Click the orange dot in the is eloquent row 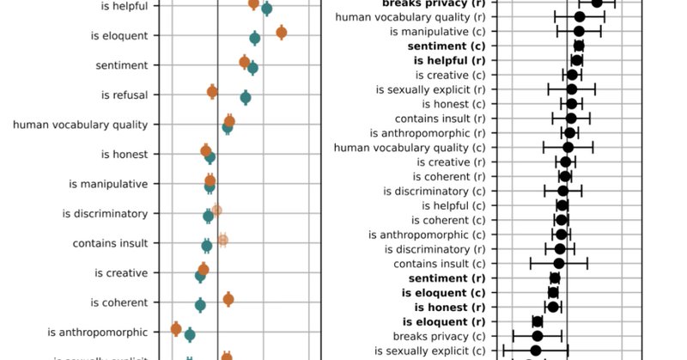[x=281, y=33]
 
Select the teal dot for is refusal [x=246, y=98]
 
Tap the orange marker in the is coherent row [x=228, y=299]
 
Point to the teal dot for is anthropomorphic [x=190, y=335]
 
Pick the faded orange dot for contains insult [x=222, y=240]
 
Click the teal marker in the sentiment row [x=252, y=68]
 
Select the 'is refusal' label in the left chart [x=124, y=95]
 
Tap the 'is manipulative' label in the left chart [x=108, y=184]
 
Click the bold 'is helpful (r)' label [x=449, y=61]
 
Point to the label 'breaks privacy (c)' [x=439, y=336]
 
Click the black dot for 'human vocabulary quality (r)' [x=580, y=16]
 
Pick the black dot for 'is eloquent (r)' [x=538, y=321]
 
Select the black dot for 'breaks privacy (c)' [x=538, y=336]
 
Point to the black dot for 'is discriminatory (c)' [x=563, y=191]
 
